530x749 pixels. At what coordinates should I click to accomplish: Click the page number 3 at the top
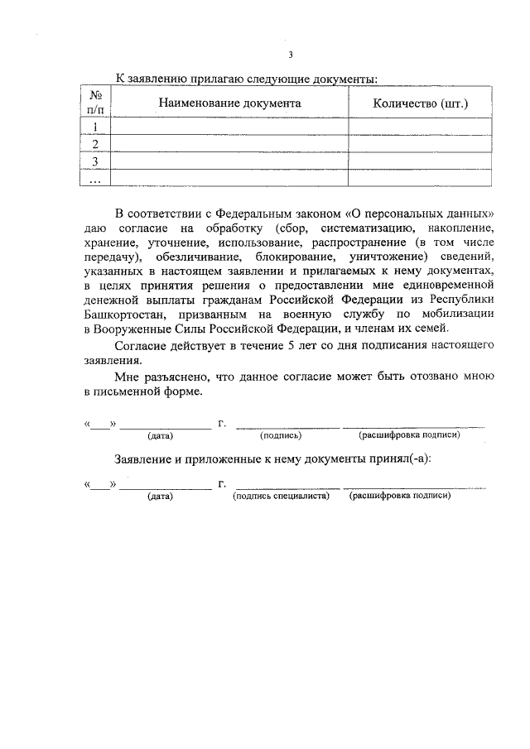pyautogui.click(x=291, y=55)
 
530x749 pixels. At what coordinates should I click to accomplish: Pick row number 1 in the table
pyautogui.click(x=96, y=127)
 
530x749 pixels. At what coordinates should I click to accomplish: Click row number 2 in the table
pyautogui.click(x=96, y=144)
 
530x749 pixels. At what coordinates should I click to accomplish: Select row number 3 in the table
pyautogui.click(x=96, y=161)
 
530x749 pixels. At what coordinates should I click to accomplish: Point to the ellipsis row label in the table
pyautogui.click(x=96, y=178)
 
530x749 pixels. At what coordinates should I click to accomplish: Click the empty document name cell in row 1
pyautogui.click(x=230, y=127)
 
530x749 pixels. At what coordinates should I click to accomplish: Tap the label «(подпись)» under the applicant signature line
pyautogui.click(x=281, y=435)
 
